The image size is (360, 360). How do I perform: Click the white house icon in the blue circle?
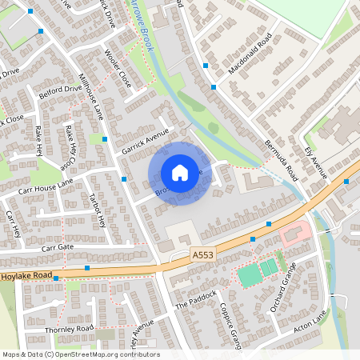point(180,172)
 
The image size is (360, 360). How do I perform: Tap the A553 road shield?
point(203,254)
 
